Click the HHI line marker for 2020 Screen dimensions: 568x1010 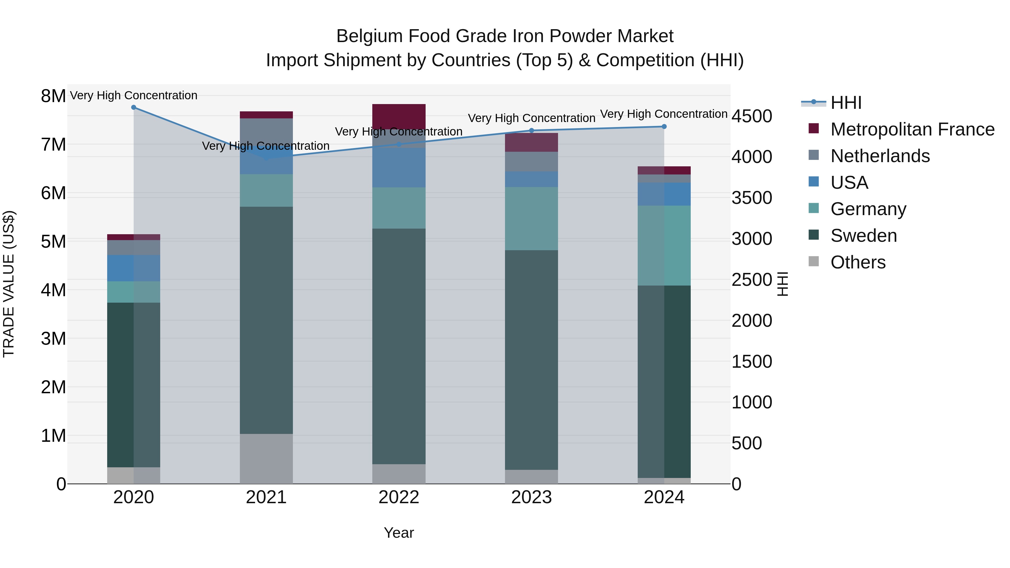tap(134, 107)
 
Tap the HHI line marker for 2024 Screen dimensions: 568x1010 tap(664, 127)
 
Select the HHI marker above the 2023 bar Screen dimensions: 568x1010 tap(532, 130)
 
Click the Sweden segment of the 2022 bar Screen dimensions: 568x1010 tap(399, 346)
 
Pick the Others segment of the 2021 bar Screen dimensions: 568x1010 tap(266, 459)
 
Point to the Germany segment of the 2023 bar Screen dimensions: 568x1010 tap(532, 219)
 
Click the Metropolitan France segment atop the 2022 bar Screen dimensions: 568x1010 tap(399, 116)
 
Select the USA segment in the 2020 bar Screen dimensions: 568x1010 tap(134, 268)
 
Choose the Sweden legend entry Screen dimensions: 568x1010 tap(863, 236)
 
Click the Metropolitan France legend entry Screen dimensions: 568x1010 tap(912, 129)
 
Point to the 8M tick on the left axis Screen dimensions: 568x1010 tap(53, 96)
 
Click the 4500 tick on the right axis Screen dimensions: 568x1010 tap(752, 116)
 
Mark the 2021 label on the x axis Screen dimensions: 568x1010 tap(266, 497)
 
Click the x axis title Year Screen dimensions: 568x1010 tap(399, 533)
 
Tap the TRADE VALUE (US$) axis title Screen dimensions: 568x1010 tap(9, 284)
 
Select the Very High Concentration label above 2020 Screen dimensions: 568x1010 tap(134, 95)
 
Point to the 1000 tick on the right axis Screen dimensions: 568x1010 tap(752, 402)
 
